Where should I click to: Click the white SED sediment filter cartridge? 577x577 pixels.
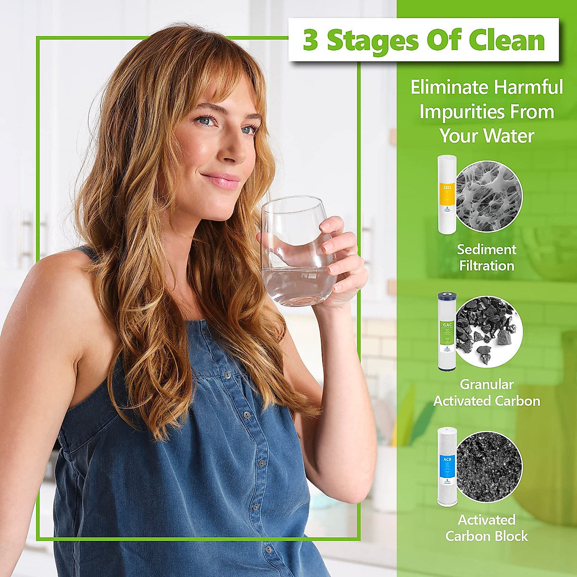pyautogui.click(x=447, y=195)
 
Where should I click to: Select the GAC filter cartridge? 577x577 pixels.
pyautogui.click(x=447, y=331)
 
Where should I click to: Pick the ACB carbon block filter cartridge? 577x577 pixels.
pyautogui.click(x=447, y=467)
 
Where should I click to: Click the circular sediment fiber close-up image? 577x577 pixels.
pyautogui.click(x=489, y=196)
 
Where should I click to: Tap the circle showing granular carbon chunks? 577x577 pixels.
pyautogui.click(x=489, y=331)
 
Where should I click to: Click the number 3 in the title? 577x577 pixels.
pyautogui.click(x=311, y=41)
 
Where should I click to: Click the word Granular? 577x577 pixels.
pyautogui.click(x=487, y=384)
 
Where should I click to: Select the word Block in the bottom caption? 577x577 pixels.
pyautogui.click(x=510, y=536)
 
